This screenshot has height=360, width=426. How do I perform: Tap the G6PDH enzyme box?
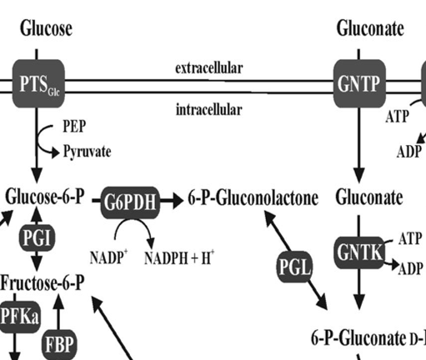pos(130,200)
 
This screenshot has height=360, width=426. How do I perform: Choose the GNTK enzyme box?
pos(358,252)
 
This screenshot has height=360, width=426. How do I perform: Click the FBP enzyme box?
pos(58,344)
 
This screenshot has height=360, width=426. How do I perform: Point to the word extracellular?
pos(208,67)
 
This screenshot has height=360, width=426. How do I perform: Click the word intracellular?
pos(208,109)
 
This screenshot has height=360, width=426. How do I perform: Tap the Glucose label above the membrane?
pos(46,29)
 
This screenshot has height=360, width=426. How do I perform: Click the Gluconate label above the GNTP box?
pos(369,29)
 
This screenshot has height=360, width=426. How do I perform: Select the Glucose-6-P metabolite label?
pos(47,198)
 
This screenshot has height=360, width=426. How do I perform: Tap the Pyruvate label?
pos(87,152)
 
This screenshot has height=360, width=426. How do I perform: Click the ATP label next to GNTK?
pos(409,240)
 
